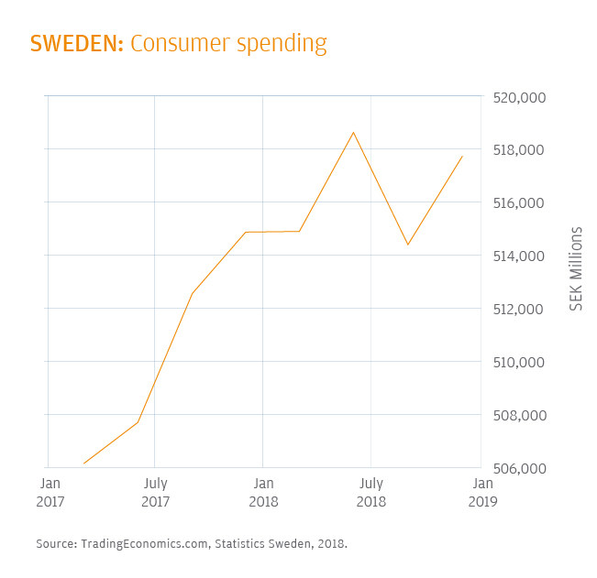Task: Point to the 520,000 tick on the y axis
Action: (x=519, y=97)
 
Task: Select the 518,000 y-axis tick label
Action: (x=519, y=150)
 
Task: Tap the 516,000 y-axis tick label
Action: (x=519, y=203)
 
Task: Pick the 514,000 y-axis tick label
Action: (x=519, y=256)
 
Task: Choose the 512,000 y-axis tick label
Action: (x=519, y=310)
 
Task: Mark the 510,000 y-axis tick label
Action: (x=519, y=363)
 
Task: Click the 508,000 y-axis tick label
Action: (x=519, y=416)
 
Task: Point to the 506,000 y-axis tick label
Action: (x=519, y=469)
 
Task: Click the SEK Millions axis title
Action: (x=577, y=267)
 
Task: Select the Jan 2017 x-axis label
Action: (x=50, y=492)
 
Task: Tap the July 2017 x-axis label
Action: (x=156, y=492)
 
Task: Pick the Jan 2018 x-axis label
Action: (x=263, y=492)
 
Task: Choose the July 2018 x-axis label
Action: (x=370, y=492)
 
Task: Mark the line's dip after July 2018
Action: (x=407, y=245)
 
